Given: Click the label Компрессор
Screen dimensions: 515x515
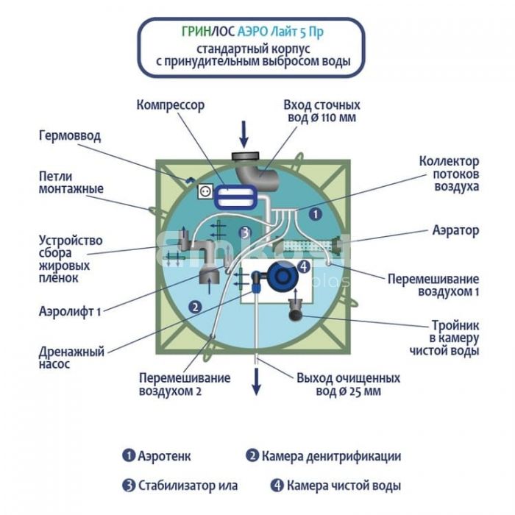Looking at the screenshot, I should click(170, 105).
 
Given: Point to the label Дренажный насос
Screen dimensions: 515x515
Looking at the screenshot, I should click(71, 358).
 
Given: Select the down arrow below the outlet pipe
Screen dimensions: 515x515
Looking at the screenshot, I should click(257, 379).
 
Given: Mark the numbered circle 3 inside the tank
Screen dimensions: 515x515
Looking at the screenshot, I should click(246, 232).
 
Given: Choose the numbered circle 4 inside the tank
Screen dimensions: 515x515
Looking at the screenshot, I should click(303, 266).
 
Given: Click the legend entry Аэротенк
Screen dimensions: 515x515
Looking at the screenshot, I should click(157, 456).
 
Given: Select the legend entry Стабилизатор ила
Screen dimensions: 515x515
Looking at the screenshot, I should click(180, 486).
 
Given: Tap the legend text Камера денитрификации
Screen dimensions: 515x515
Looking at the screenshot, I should click(323, 456).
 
